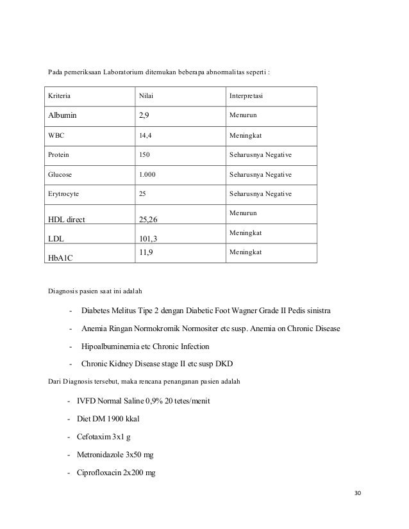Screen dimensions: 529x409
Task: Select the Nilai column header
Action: (147, 97)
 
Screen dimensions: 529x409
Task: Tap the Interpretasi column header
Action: (250, 97)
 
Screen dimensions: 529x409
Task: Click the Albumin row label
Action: (65, 117)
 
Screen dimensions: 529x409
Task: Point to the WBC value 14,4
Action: (146, 136)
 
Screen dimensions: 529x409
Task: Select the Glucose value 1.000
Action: (149, 174)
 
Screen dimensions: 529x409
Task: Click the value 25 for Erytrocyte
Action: (144, 193)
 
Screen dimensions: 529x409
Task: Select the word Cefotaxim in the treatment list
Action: (96, 437)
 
